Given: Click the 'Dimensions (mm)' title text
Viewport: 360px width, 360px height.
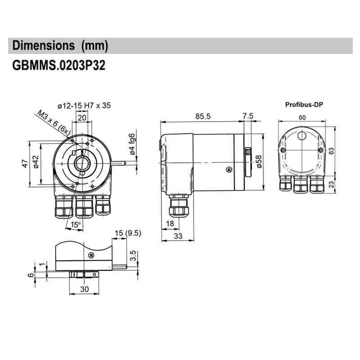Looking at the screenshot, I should [60, 45].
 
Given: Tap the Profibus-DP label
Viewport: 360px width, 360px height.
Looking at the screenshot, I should [304, 104].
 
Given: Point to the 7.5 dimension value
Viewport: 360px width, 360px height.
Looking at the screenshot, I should [248, 116].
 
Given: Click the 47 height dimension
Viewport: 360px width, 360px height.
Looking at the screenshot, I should [26, 163].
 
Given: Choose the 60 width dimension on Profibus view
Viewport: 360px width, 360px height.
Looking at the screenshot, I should [302, 117].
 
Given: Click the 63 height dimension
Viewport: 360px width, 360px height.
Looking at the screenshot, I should [332, 151].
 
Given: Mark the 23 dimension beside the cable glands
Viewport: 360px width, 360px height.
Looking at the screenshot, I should [332, 184].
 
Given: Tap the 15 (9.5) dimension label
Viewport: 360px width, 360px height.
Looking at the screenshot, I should [128, 233].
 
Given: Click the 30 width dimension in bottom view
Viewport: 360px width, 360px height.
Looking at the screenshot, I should [84, 289].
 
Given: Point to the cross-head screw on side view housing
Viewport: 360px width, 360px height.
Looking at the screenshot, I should [229, 169].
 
